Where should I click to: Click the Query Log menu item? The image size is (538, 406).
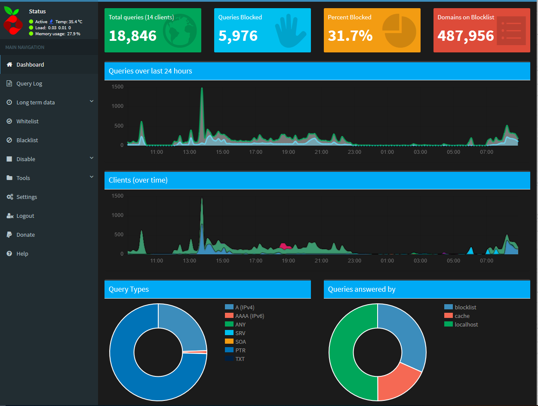click(29, 83)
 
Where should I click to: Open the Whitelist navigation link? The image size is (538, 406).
click(28, 121)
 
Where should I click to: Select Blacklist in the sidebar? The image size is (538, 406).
click(27, 140)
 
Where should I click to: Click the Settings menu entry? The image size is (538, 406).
click(27, 197)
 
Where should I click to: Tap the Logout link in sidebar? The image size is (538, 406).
click(25, 216)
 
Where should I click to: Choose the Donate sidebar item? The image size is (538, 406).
click(25, 235)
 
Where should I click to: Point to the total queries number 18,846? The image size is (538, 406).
click(132, 36)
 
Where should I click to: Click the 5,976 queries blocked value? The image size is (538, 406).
click(238, 36)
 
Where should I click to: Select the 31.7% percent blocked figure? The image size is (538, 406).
click(350, 36)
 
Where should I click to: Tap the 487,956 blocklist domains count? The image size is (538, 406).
click(466, 36)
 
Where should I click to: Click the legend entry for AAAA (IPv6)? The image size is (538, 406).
click(249, 316)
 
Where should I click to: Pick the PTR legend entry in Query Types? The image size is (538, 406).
click(240, 350)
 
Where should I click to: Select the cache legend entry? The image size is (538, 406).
click(462, 316)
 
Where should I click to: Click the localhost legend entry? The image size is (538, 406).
click(466, 324)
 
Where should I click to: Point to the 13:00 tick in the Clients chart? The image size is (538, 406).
click(190, 261)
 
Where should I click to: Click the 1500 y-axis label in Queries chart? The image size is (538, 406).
click(117, 87)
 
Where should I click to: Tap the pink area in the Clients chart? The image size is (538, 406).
click(284, 246)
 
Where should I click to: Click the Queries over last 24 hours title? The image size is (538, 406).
click(150, 71)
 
